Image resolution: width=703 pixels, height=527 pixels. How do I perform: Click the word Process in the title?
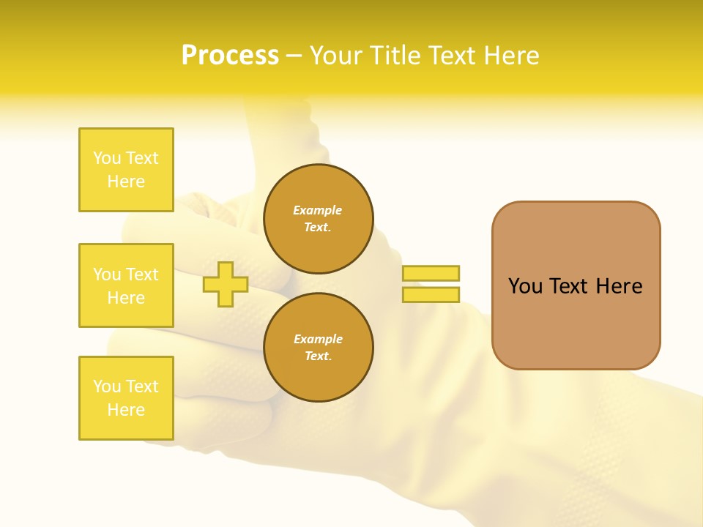click(230, 56)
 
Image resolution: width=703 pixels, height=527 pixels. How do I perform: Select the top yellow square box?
click(126, 170)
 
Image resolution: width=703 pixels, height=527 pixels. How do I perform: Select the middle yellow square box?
click(126, 285)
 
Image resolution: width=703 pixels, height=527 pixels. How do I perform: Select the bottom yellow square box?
click(126, 398)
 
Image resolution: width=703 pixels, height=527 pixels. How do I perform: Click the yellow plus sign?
click(226, 284)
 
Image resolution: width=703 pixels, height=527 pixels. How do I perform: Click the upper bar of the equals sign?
click(431, 273)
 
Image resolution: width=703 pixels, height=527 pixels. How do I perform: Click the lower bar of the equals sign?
click(431, 294)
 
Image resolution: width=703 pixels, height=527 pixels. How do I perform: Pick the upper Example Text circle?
click(318, 219)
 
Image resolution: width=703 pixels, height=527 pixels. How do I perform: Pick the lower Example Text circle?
click(318, 348)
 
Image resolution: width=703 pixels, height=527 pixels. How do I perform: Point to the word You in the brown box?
click(524, 286)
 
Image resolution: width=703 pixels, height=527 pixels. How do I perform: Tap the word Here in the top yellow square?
click(126, 182)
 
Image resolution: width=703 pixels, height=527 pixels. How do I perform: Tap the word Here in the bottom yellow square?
click(126, 410)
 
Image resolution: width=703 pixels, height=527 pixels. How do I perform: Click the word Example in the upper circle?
click(318, 210)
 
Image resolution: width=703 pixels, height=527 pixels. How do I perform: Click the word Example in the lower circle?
click(318, 339)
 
